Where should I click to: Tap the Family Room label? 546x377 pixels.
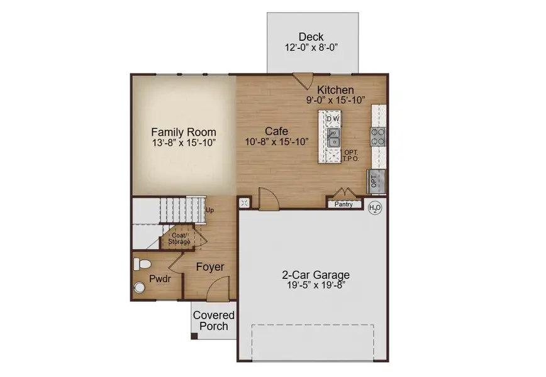click(184, 133)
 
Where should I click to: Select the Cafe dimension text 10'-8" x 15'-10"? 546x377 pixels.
click(277, 142)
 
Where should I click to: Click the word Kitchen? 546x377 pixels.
click(335, 90)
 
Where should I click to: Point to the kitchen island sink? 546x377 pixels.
click(333, 137)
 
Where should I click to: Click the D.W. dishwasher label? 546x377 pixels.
click(333, 119)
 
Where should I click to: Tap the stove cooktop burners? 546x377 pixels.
click(377, 136)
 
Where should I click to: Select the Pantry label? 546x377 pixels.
click(343, 204)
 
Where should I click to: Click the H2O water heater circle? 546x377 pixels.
click(375, 207)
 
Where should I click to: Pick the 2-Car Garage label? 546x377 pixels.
click(315, 275)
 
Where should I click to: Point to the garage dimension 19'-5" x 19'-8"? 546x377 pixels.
click(315, 286)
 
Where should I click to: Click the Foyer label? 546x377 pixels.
click(209, 267)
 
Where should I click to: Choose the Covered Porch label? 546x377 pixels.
click(214, 320)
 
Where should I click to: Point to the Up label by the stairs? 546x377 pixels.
click(210, 210)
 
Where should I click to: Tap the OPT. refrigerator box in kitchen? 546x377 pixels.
click(376, 181)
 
